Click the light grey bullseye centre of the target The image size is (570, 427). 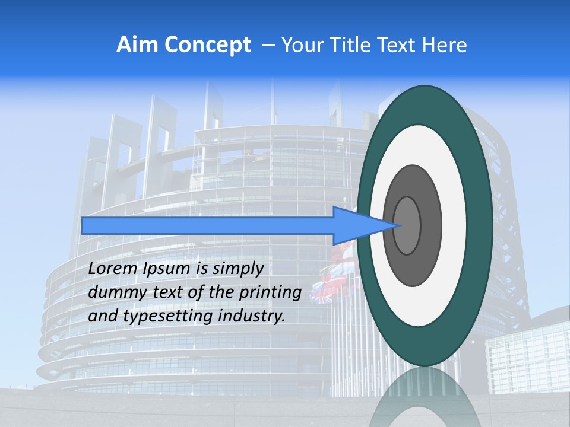tap(407, 226)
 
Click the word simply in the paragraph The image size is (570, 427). tap(237, 269)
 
